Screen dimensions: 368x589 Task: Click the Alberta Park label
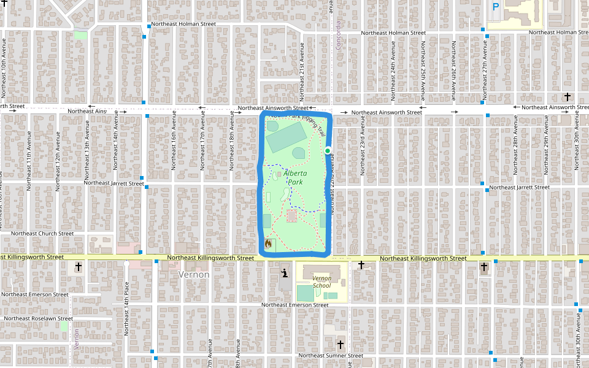(295, 177)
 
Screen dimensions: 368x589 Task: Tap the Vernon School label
(321, 282)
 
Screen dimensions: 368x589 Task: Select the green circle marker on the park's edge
(328, 150)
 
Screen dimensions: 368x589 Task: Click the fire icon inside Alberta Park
(268, 243)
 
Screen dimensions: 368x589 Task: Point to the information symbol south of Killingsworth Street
(285, 274)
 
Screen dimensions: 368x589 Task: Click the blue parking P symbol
(496, 7)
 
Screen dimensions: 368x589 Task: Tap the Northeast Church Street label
(42, 233)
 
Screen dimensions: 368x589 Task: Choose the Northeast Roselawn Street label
(38, 318)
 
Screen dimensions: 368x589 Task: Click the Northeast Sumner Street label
(331, 356)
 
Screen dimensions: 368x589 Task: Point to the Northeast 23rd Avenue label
(363, 147)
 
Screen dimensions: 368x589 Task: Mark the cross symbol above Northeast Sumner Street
(341, 343)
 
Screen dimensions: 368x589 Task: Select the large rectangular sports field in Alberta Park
(286, 136)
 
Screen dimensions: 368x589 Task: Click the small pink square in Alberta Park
(291, 216)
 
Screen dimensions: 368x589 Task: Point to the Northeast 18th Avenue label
(232, 145)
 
